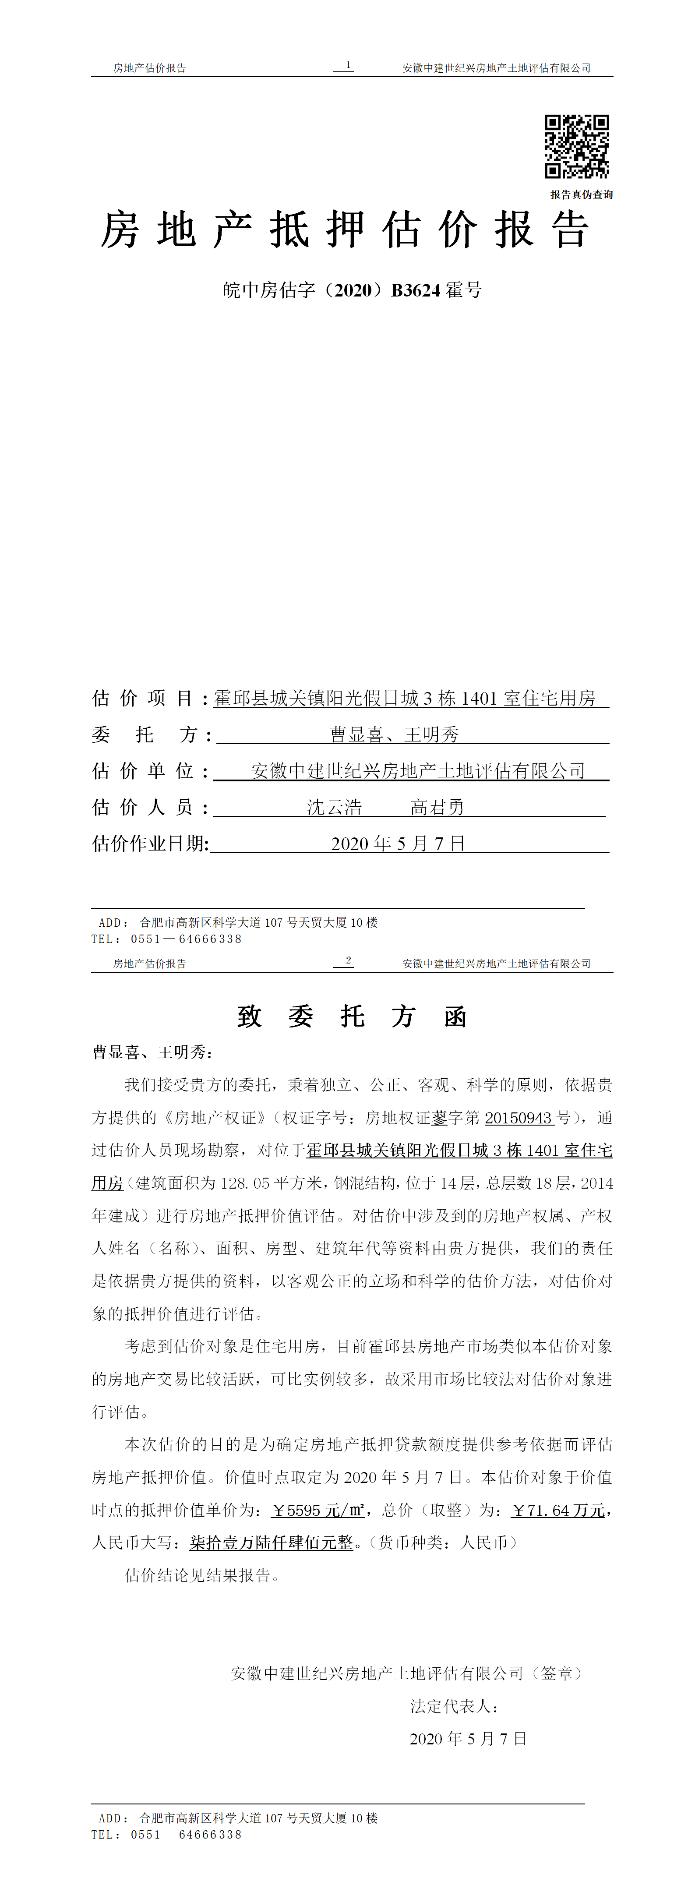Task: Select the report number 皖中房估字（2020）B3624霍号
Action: (x=352, y=290)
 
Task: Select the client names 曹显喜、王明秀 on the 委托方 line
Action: (x=394, y=734)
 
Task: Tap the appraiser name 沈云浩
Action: (x=335, y=807)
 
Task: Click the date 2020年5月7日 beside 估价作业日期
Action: (x=398, y=844)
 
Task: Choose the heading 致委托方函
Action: (x=352, y=1017)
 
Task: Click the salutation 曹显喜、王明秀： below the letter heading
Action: (x=152, y=1052)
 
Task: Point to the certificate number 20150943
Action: (x=519, y=1118)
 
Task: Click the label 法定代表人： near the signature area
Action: (x=455, y=1706)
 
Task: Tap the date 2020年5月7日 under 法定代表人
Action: (x=468, y=1738)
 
